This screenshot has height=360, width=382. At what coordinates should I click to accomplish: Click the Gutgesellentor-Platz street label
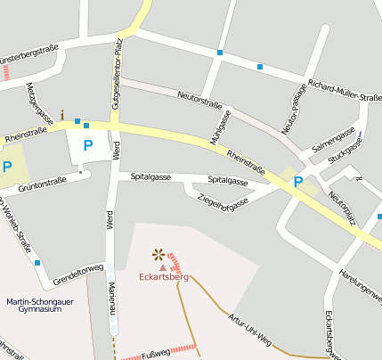tap(116, 78)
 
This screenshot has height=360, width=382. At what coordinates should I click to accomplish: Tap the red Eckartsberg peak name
tap(165, 277)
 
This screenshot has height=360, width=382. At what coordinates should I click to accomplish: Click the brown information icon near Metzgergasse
tap(63, 115)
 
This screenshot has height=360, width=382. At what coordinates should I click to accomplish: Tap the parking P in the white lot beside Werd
tap(87, 145)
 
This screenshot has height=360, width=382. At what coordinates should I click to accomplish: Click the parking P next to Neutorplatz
tap(297, 182)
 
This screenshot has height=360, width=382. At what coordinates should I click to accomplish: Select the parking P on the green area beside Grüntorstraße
tap(7, 167)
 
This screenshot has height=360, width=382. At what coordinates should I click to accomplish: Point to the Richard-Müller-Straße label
tap(344, 90)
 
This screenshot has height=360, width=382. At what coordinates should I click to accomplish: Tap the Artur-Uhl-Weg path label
tap(248, 329)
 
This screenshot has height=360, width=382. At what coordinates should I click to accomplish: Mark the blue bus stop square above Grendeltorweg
tap(37, 262)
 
